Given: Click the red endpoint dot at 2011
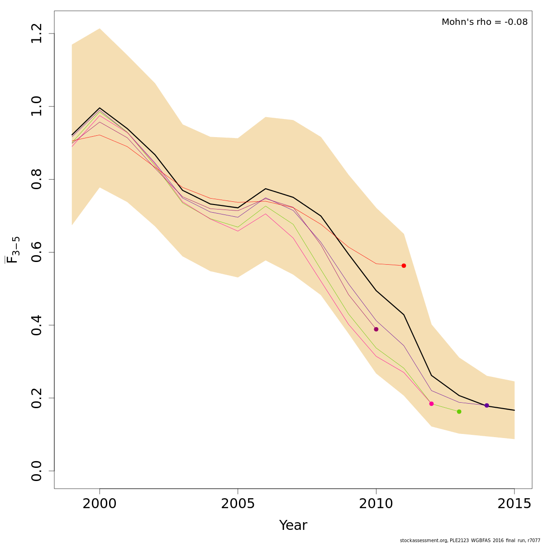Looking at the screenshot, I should coord(404,266).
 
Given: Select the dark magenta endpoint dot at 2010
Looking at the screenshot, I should coord(376,329).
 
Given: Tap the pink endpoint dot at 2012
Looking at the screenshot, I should coord(431,404).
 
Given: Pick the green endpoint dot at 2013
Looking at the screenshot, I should coord(459,411).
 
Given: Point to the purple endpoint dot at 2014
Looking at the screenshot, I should coord(486,405).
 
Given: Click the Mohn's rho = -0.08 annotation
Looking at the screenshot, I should coord(484,22).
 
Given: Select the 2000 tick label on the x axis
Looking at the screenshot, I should coord(100,504).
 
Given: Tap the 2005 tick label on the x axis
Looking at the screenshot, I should coord(238,504).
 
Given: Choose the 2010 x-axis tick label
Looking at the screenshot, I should coord(376,504).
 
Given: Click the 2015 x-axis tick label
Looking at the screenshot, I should coord(514,504).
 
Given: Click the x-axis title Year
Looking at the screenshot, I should coord(293,525).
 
